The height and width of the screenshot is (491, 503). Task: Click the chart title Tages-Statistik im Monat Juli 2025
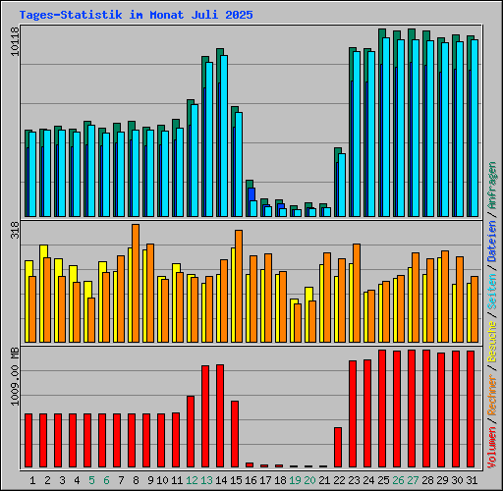click(x=136, y=15)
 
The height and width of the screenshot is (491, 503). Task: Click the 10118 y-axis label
click(x=15, y=41)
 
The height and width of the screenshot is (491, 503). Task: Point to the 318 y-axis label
click(x=15, y=230)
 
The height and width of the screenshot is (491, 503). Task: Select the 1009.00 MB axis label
click(x=15, y=376)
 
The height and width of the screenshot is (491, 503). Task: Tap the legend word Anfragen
click(x=492, y=186)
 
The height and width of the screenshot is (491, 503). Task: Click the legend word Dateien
click(x=492, y=242)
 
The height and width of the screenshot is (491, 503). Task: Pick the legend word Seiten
click(x=492, y=292)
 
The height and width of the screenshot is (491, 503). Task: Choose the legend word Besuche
click(x=492, y=342)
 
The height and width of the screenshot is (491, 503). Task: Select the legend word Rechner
click(x=492, y=395)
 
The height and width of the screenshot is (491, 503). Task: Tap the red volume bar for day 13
click(x=205, y=416)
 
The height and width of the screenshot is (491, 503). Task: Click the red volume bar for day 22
click(x=338, y=447)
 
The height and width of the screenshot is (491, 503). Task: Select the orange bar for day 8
click(x=136, y=283)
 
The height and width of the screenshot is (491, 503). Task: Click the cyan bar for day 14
click(x=224, y=136)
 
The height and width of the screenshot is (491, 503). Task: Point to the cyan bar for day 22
click(x=342, y=185)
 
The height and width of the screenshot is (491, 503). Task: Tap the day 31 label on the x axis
click(x=472, y=480)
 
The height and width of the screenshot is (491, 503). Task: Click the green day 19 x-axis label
click(x=295, y=480)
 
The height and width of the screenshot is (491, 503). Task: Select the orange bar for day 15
click(x=239, y=286)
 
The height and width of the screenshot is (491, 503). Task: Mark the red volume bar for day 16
click(x=250, y=464)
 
